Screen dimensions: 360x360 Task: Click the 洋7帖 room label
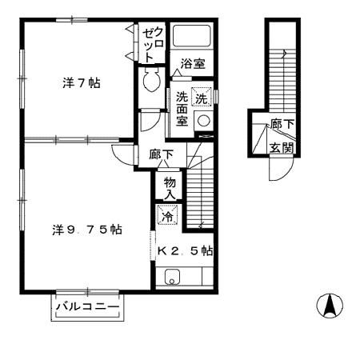(x=82, y=83)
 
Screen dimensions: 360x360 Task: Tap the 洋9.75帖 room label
(x=87, y=230)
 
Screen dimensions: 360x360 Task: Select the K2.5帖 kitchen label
(x=186, y=250)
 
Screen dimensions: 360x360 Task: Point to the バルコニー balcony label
(x=87, y=306)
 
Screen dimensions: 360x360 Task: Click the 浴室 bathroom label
(x=193, y=64)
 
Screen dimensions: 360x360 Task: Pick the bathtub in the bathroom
(x=192, y=36)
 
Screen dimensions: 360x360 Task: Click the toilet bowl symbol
(x=151, y=79)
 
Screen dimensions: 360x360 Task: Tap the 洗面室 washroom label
(x=182, y=109)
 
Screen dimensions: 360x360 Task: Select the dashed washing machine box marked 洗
(x=202, y=98)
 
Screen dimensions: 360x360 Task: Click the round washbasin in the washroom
(x=204, y=121)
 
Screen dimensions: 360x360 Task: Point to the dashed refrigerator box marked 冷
(x=167, y=214)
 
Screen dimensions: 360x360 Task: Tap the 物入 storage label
(x=170, y=188)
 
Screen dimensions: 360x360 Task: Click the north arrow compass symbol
(x=330, y=306)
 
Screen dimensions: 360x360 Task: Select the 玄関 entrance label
(x=282, y=147)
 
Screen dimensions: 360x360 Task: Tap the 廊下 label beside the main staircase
(x=162, y=154)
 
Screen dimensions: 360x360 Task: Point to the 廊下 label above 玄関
(x=282, y=124)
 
